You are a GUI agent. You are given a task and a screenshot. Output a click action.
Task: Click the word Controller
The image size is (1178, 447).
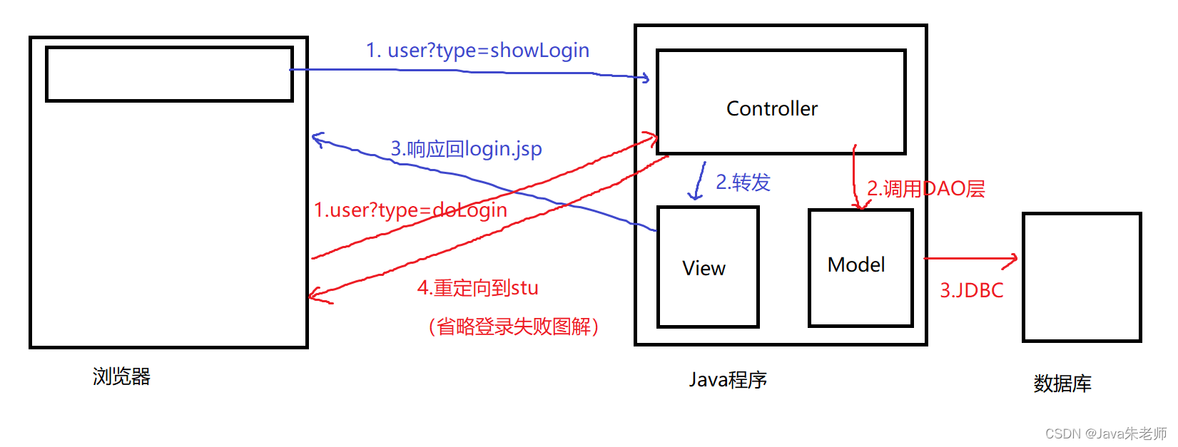click(771, 108)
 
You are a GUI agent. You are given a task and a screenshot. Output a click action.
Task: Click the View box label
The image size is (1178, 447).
click(704, 268)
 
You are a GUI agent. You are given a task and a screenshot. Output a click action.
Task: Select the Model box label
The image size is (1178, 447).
click(855, 264)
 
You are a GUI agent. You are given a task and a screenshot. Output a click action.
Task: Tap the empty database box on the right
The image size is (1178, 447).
click(1081, 277)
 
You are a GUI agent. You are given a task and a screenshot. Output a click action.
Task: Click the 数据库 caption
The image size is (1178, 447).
click(1062, 384)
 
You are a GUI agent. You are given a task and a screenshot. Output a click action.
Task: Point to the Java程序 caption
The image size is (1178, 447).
click(727, 379)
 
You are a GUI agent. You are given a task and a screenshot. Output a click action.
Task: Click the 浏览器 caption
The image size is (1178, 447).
click(121, 376)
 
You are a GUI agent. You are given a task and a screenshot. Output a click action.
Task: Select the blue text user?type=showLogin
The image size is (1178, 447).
click(477, 51)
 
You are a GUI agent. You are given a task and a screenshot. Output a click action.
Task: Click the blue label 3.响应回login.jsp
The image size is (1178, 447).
click(466, 149)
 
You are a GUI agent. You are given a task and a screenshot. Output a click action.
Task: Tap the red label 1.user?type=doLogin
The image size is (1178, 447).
click(410, 210)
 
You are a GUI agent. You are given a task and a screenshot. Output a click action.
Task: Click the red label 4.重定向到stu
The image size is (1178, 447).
click(477, 288)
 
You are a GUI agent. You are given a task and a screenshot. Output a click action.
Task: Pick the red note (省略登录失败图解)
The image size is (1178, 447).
click(513, 327)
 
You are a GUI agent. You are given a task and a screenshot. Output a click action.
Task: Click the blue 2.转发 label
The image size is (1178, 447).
click(743, 183)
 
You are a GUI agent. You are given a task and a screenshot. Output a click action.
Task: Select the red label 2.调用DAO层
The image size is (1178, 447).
click(925, 189)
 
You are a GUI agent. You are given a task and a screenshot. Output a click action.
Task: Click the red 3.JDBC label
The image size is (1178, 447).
click(971, 290)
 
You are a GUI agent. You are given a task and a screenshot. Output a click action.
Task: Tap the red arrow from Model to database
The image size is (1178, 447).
click(970, 259)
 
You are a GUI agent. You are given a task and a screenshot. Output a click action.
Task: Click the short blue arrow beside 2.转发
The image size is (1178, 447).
click(699, 181)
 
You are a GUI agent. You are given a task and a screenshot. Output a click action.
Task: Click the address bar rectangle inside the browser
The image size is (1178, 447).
click(169, 74)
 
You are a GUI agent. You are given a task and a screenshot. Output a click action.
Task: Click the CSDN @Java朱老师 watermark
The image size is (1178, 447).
click(1105, 433)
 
